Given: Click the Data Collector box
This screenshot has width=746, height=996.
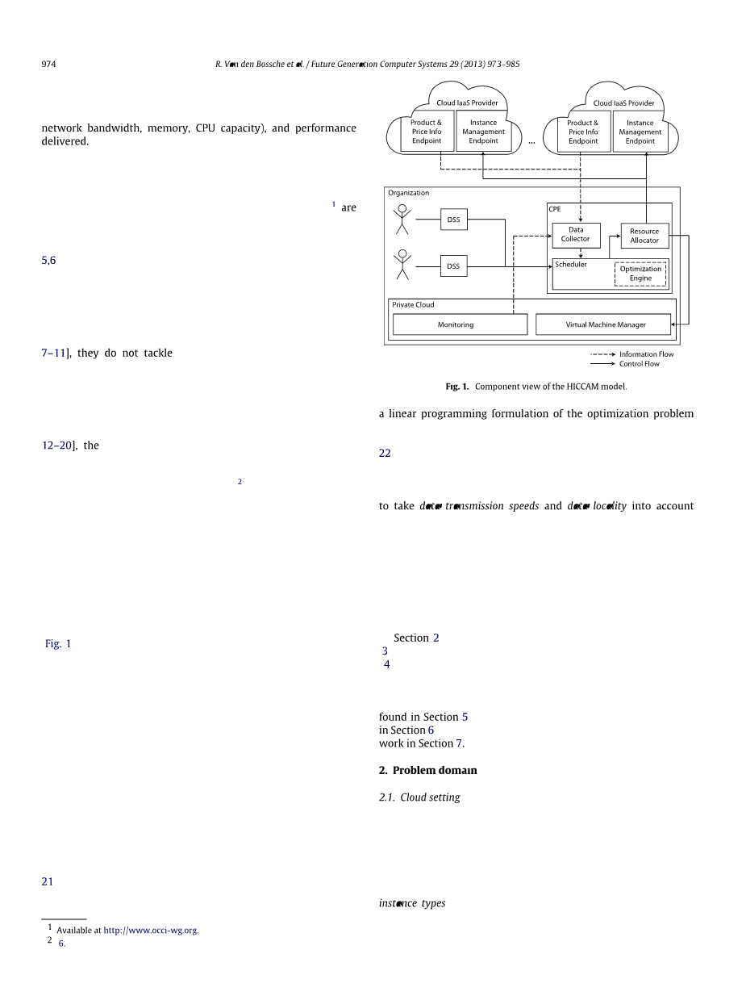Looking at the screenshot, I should (576, 235).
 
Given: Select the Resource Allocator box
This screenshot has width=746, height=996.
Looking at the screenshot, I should (644, 236).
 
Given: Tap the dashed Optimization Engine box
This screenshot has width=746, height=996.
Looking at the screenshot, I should (640, 274).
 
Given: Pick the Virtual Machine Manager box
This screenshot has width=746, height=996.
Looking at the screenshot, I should (602, 324).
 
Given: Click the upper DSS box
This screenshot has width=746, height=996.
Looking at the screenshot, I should (453, 220).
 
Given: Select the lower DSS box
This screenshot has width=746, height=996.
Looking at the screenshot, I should (453, 266).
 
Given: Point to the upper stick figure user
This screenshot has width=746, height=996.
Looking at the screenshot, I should (402, 219).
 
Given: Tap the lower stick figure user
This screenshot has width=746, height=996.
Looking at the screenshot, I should (402, 265).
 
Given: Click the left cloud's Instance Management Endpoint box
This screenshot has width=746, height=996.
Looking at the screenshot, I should (483, 132).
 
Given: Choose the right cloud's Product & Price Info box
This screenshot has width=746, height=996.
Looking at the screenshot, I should (583, 132).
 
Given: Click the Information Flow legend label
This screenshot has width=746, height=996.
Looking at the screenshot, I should (646, 354).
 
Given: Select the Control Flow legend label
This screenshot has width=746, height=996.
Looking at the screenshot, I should (639, 364).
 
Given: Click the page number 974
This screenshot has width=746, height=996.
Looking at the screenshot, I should (48, 65).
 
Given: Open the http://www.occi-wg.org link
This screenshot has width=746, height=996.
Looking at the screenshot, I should (151, 931).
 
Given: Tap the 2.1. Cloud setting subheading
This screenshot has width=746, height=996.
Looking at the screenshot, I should (419, 797).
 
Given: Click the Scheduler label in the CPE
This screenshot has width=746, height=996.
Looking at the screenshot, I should (571, 265).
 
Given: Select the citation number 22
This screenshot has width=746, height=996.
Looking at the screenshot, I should (385, 454).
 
